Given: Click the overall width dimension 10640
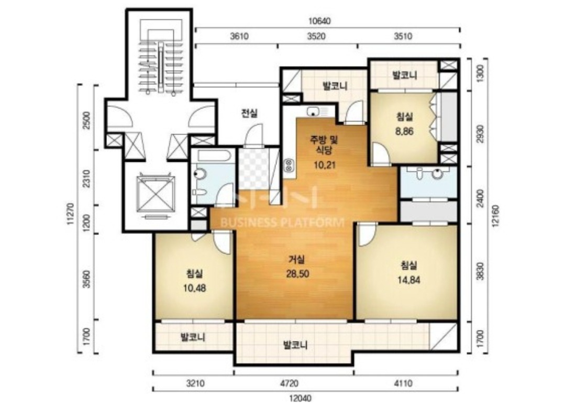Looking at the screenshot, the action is [x=319, y=21].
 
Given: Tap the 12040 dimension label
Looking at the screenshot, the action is [x=300, y=398].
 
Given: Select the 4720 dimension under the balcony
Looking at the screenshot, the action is [x=289, y=383].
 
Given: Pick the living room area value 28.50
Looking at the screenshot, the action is [x=297, y=273].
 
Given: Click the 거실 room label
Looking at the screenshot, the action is [x=297, y=259].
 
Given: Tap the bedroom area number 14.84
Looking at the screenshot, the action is [x=408, y=280].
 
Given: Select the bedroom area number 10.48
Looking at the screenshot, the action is [x=195, y=288].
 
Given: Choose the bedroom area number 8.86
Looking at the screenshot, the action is [x=404, y=131].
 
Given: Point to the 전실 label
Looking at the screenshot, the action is [x=249, y=114].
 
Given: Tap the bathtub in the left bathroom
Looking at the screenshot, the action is [x=212, y=156].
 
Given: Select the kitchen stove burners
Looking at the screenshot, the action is [x=289, y=166].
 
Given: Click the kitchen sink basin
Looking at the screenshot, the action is [x=313, y=112].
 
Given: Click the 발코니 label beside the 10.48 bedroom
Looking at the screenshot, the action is [x=193, y=337].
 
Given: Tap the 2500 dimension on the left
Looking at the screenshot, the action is [x=86, y=121].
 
